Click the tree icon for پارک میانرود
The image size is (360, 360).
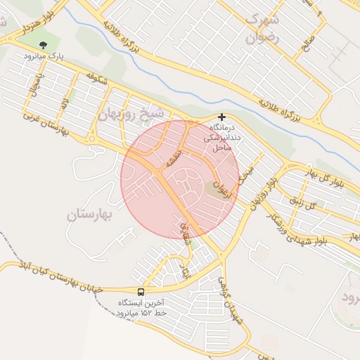(42, 45)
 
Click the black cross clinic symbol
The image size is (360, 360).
(222, 117)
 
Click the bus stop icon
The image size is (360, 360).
(141, 292)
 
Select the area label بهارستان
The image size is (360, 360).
(90, 215)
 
